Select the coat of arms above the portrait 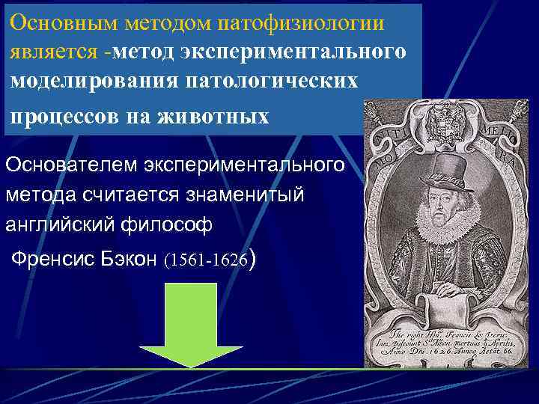(x=448, y=120)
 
